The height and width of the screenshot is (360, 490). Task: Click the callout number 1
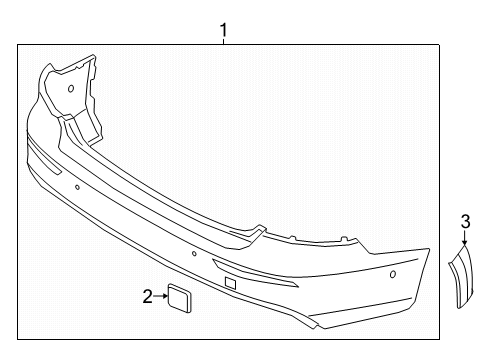(x=223, y=30)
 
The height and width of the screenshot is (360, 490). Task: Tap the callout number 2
(x=147, y=296)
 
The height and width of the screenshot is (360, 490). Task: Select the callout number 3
(x=465, y=222)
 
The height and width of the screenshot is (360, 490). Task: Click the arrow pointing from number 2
(x=161, y=296)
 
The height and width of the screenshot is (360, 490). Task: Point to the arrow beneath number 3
(x=465, y=238)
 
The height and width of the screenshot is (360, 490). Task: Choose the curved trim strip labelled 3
(x=461, y=277)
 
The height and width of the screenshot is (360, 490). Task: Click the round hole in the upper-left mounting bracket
(x=71, y=88)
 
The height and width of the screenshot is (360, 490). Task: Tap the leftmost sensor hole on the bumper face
(x=77, y=187)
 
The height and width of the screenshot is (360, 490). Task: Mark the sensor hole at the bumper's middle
(x=194, y=254)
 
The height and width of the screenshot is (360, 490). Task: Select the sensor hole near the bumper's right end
(x=393, y=274)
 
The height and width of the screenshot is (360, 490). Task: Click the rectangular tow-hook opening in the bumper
(x=230, y=283)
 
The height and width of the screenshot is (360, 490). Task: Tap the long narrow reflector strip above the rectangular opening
(x=255, y=272)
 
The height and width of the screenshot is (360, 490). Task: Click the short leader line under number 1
(x=223, y=41)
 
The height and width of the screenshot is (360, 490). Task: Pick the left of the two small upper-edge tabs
(x=292, y=238)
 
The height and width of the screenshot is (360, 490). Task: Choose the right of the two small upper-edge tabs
(x=342, y=239)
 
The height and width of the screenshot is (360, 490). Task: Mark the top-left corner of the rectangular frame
(x=18, y=45)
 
